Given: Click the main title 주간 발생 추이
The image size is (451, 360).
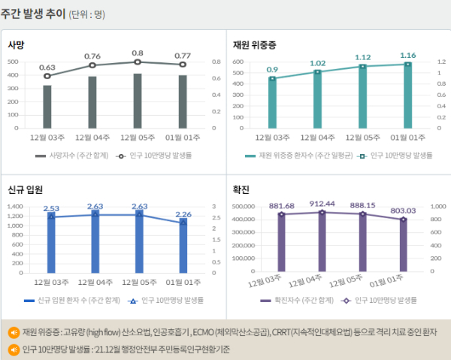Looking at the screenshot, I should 33,14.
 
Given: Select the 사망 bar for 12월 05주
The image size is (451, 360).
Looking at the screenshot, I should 138,101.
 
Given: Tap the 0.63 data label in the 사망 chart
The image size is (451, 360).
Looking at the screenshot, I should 47,67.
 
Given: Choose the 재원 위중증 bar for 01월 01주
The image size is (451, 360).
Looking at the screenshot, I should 408,96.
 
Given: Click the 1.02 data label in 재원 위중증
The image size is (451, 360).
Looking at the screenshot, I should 318,63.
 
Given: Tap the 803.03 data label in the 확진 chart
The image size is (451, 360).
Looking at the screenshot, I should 403,210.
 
